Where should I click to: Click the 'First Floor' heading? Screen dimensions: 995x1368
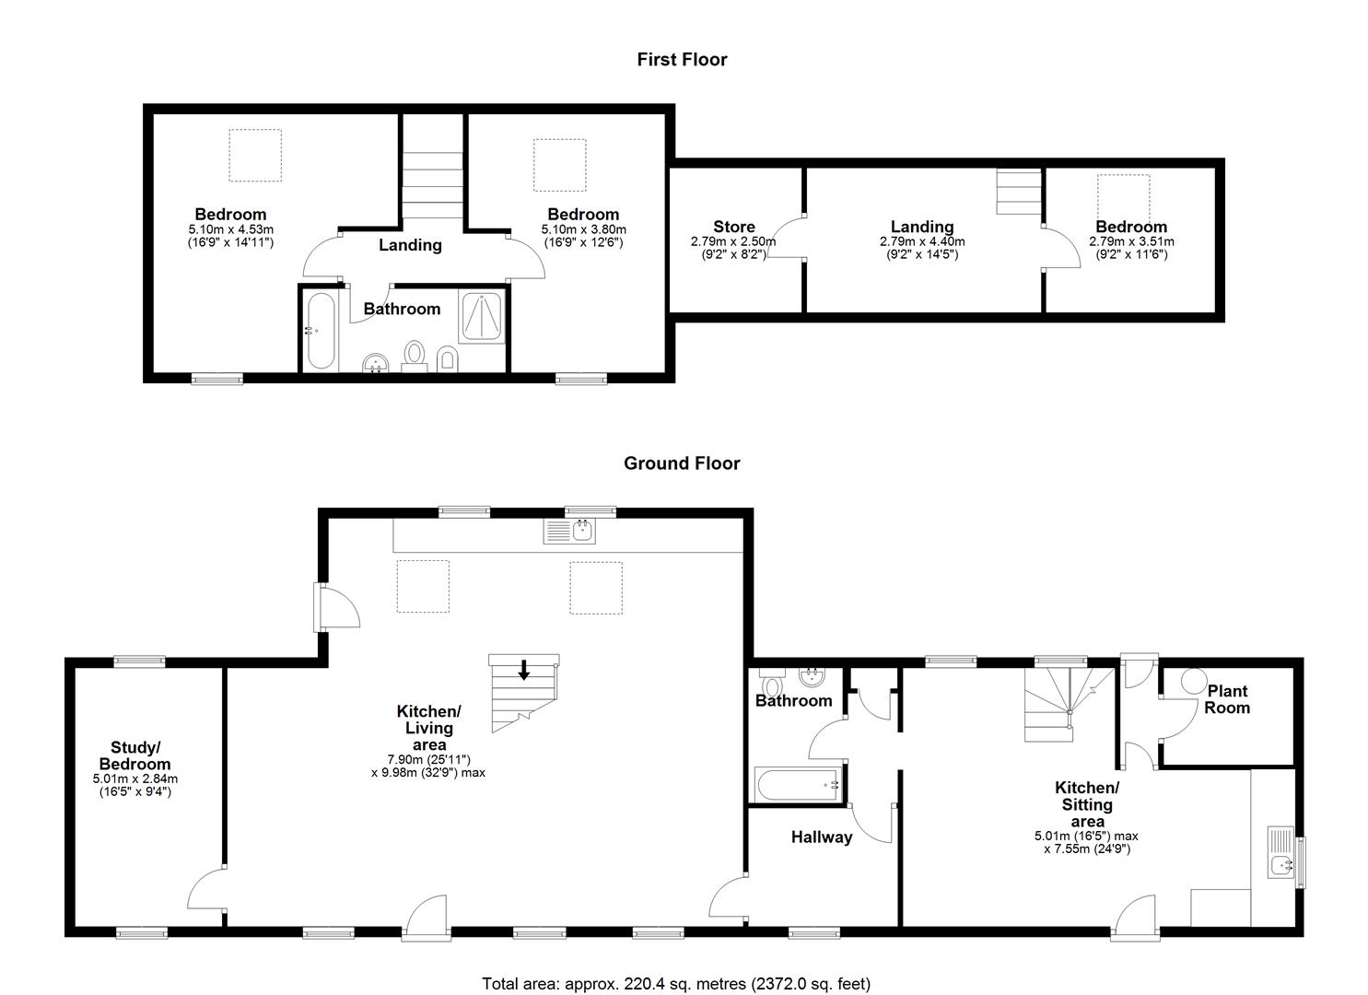point(682,60)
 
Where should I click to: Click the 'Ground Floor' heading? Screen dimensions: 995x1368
point(682,463)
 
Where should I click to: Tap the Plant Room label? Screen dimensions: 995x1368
point(1228,699)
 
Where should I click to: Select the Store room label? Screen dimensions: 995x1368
point(733,227)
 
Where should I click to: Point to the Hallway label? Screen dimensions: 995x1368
point(822,837)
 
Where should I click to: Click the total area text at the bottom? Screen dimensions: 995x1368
point(676,984)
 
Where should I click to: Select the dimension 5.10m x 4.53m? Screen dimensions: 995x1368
point(230,229)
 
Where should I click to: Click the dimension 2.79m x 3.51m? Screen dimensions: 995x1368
point(1131,241)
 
